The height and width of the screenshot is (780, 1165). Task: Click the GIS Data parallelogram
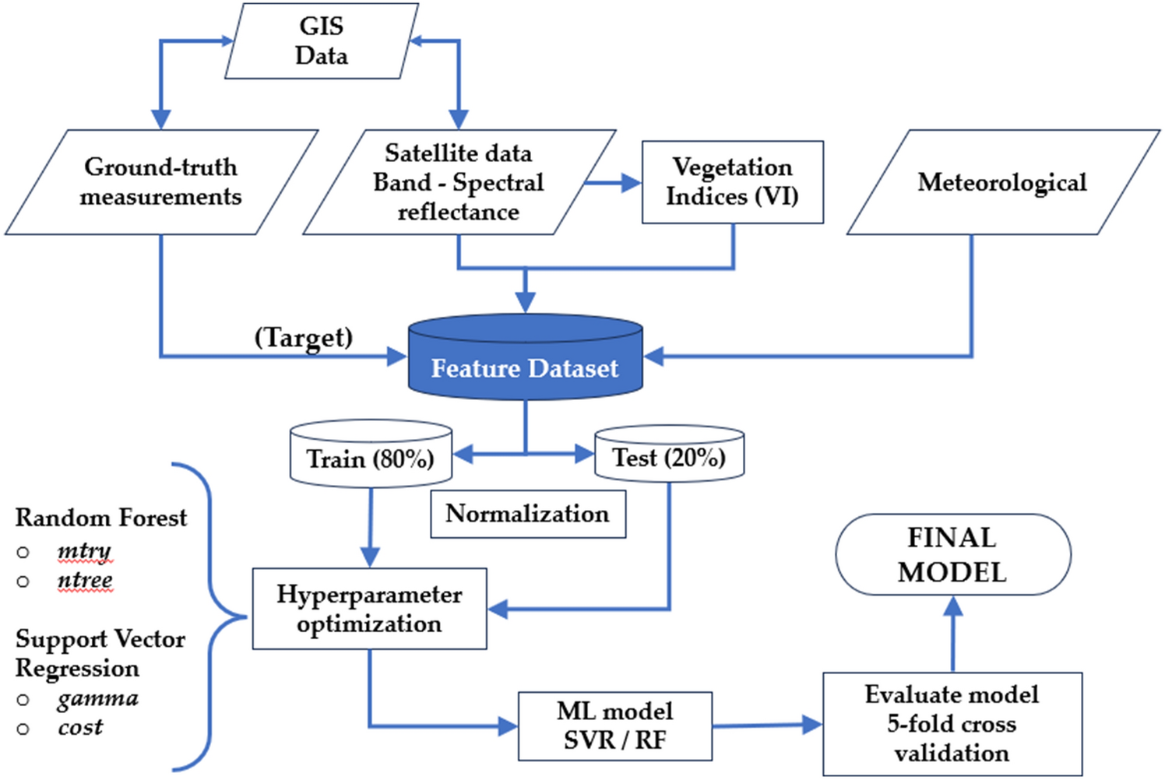pyautogui.click(x=321, y=41)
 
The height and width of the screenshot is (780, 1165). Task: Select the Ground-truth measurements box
pyautogui.click(x=161, y=182)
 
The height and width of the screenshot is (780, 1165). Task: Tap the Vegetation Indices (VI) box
pyautogui.click(x=732, y=182)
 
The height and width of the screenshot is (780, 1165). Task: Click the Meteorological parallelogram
pyautogui.click(x=1002, y=182)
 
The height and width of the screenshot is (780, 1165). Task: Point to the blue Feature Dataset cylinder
pyautogui.click(x=525, y=362)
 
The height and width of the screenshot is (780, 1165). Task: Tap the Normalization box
pyautogui.click(x=527, y=514)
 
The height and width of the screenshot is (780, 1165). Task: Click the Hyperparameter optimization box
pyautogui.click(x=369, y=609)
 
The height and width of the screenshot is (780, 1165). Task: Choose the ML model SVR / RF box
pyautogui.click(x=615, y=726)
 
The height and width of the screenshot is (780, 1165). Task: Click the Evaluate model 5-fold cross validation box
pyautogui.click(x=952, y=724)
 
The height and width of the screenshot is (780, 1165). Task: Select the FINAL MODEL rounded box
pyautogui.click(x=952, y=555)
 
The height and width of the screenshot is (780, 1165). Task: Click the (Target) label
pyautogui.click(x=304, y=337)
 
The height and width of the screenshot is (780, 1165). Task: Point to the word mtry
pyautogui.click(x=84, y=551)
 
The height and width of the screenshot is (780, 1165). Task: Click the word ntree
pyautogui.click(x=85, y=581)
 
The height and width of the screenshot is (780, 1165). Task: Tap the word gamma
pyautogui.click(x=97, y=698)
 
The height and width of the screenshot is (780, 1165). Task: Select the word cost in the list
pyautogui.click(x=80, y=727)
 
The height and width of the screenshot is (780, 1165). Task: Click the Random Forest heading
pyautogui.click(x=101, y=518)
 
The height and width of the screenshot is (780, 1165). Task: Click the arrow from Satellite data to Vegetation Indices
pyautogui.click(x=613, y=184)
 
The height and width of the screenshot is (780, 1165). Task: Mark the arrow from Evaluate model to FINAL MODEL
pyautogui.click(x=953, y=634)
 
